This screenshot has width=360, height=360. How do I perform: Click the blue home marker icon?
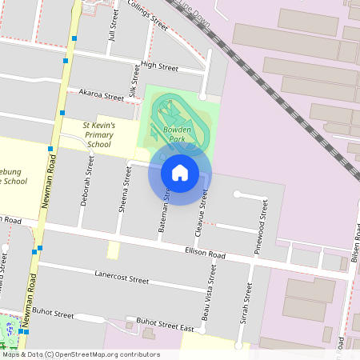point(179,173)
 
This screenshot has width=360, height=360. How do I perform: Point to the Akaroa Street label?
point(101,94)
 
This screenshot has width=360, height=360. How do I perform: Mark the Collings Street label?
point(149,15)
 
